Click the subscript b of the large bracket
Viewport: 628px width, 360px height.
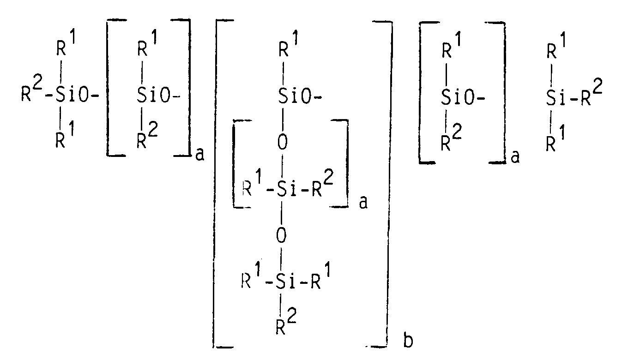coord(408,340)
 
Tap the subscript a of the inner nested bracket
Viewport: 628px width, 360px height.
coord(363,202)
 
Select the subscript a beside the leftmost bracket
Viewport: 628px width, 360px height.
coord(199,154)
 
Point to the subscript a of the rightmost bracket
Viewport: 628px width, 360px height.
coord(515,157)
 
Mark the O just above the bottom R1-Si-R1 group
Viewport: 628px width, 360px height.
coord(282,235)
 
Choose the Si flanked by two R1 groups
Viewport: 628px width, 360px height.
coord(284,281)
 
